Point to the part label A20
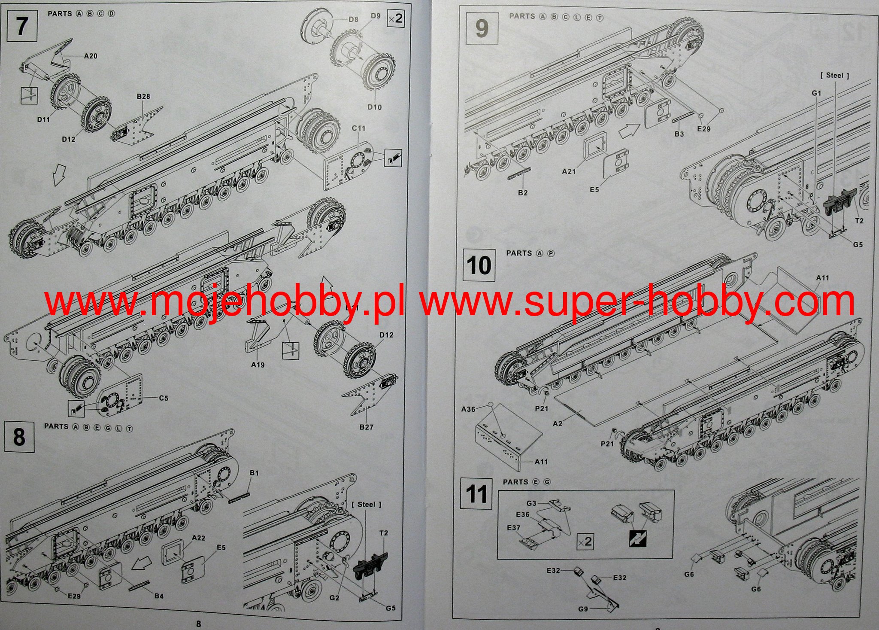click(90, 55)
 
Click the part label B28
click(143, 96)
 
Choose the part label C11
click(358, 128)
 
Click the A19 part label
click(258, 365)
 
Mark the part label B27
click(366, 427)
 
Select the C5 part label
click(164, 398)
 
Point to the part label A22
click(198, 538)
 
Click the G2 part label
click(335, 597)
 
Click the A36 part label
click(468, 409)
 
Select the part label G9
click(583, 609)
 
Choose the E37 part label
click(513, 528)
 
